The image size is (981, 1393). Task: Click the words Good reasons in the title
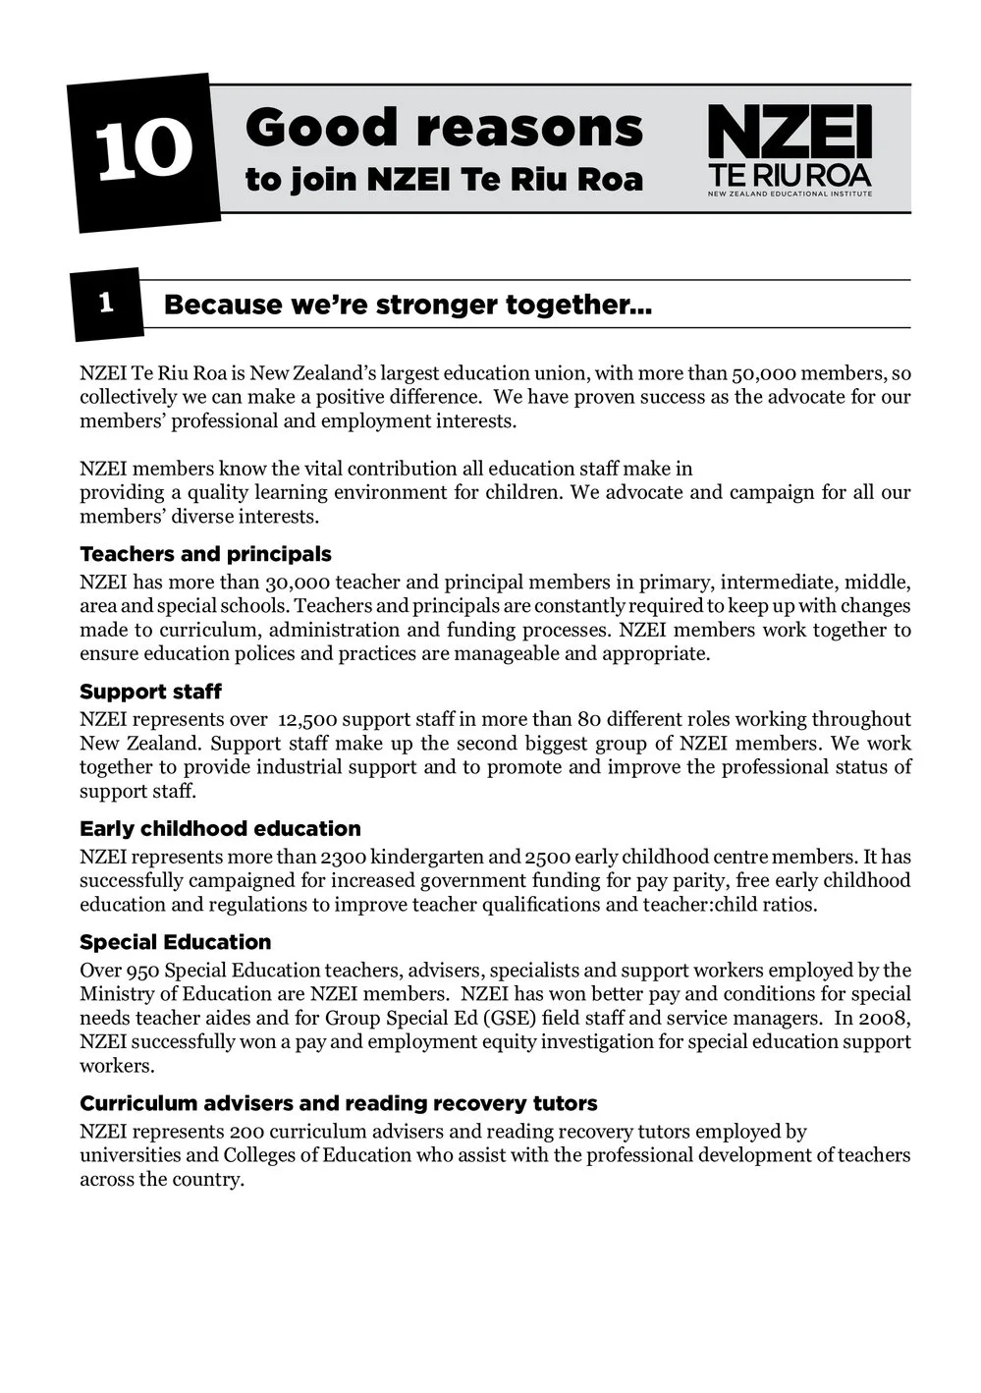(444, 129)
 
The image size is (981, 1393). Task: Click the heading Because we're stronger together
(408, 305)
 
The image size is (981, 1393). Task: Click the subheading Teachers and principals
(205, 554)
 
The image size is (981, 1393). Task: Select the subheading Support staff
(150, 692)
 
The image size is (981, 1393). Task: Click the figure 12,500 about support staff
(308, 720)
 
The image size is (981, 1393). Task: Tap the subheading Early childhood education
(220, 828)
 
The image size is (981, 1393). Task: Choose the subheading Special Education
(175, 942)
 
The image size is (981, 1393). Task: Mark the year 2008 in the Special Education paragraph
(888, 1018)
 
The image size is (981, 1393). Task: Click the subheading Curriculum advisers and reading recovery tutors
(338, 1103)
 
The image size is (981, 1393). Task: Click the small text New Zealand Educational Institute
(790, 195)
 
